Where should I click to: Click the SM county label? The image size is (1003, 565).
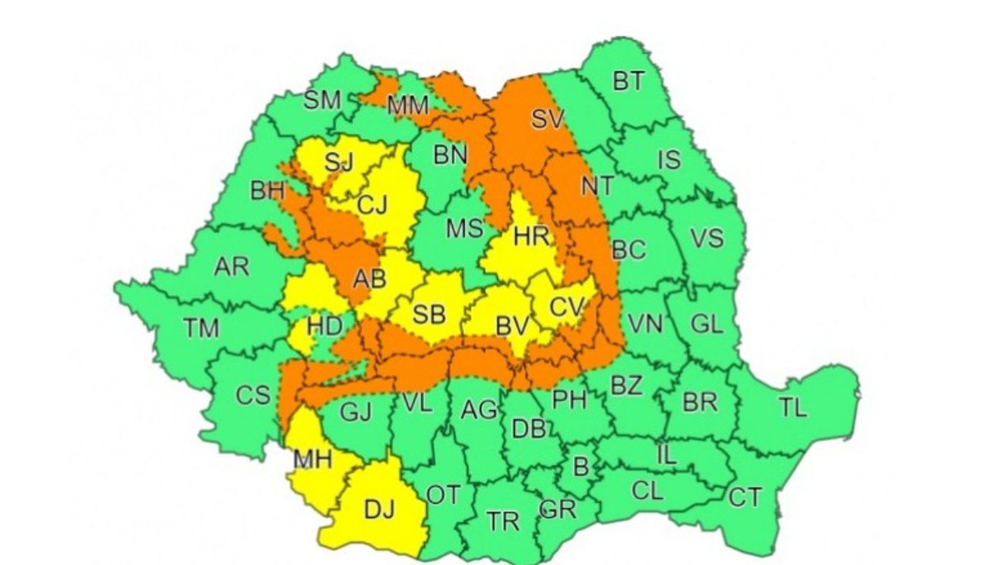click(x=322, y=100)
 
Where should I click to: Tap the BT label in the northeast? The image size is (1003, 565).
click(x=628, y=81)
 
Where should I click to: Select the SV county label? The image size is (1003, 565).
click(x=548, y=119)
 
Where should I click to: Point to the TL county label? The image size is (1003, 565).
click(x=793, y=408)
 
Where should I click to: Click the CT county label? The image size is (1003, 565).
click(x=745, y=497)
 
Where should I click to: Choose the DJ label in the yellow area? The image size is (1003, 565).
click(x=380, y=509)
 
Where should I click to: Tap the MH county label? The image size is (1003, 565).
click(x=312, y=460)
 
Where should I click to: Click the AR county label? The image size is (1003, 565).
click(x=231, y=267)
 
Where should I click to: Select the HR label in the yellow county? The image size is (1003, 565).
click(x=531, y=236)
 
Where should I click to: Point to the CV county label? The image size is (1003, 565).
click(x=567, y=307)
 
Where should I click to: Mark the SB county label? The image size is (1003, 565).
click(x=429, y=313)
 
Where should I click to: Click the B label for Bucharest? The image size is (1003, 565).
click(x=580, y=466)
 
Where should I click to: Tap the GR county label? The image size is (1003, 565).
click(x=557, y=509)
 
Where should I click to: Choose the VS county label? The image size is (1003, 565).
click(x=706, y=238)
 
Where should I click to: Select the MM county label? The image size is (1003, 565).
click(x=408, y=106)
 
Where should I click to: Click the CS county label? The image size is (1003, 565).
click(x=252, y=395)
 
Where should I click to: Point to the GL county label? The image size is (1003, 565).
click(x=707, y=323)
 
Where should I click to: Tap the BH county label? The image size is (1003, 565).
click(x=267, y=191)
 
